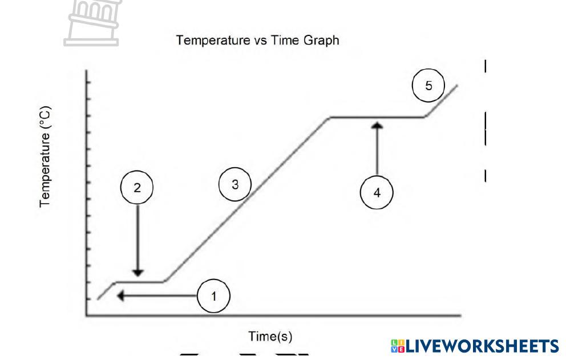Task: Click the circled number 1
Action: tap(213, 296)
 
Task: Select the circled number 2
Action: tap(137, 189)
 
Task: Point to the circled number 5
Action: tap(428, 86)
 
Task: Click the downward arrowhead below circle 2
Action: tap(137, 272)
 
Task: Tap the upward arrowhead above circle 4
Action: tap(377, 124)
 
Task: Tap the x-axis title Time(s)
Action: tap(270, 337)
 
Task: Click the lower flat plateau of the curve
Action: tap(140, 281)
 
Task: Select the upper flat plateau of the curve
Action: tap(377, 117)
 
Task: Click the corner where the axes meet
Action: tap(87, 314)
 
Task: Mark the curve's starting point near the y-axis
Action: tap(98, 298)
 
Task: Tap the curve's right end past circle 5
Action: tap(456, 86)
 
